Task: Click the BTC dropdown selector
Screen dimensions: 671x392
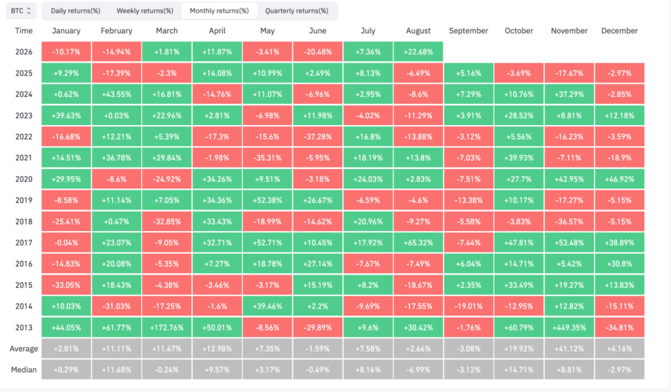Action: pos(21,10)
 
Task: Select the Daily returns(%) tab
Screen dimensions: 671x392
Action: pos(75,10)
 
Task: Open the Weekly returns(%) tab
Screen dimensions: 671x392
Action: pos(145,10)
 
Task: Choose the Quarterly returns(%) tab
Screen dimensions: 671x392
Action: pos(297,10)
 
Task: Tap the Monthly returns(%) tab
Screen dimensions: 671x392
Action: pos(219,10)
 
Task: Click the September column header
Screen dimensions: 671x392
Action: pos(468,31)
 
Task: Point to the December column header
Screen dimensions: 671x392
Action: pos(619,31)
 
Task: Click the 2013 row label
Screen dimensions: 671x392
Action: pos(24,327)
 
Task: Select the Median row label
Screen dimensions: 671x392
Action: pos(24,370)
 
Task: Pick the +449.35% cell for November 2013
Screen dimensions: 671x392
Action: pos(569,327)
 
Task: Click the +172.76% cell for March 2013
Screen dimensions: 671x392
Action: pos(167,327)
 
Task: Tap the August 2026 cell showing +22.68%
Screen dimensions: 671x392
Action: pos(418,52)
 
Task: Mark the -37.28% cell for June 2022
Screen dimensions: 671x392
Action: pos(318,137)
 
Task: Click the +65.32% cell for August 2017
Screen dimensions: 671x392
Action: pos(418,243)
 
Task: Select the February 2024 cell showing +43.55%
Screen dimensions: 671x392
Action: pos(117,94)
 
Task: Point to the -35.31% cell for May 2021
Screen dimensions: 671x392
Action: pos(267,158)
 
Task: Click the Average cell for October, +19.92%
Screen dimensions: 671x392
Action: pos(519,349)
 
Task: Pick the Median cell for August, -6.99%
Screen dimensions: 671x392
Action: pos(418,370)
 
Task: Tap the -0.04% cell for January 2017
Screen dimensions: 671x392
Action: pos(66,243)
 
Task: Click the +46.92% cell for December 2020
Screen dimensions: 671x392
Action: pos(619,179)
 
